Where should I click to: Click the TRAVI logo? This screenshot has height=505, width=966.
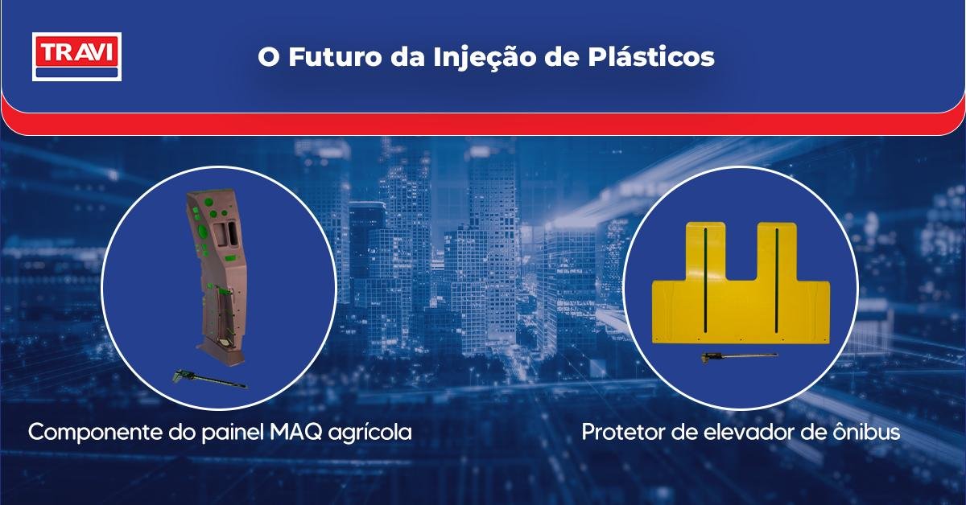coord(76,56)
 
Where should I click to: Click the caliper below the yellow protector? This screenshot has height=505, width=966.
coord(737,356)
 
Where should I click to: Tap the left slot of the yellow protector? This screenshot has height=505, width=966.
coord(703,281)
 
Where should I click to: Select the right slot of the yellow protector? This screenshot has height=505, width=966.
coord(776,281)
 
